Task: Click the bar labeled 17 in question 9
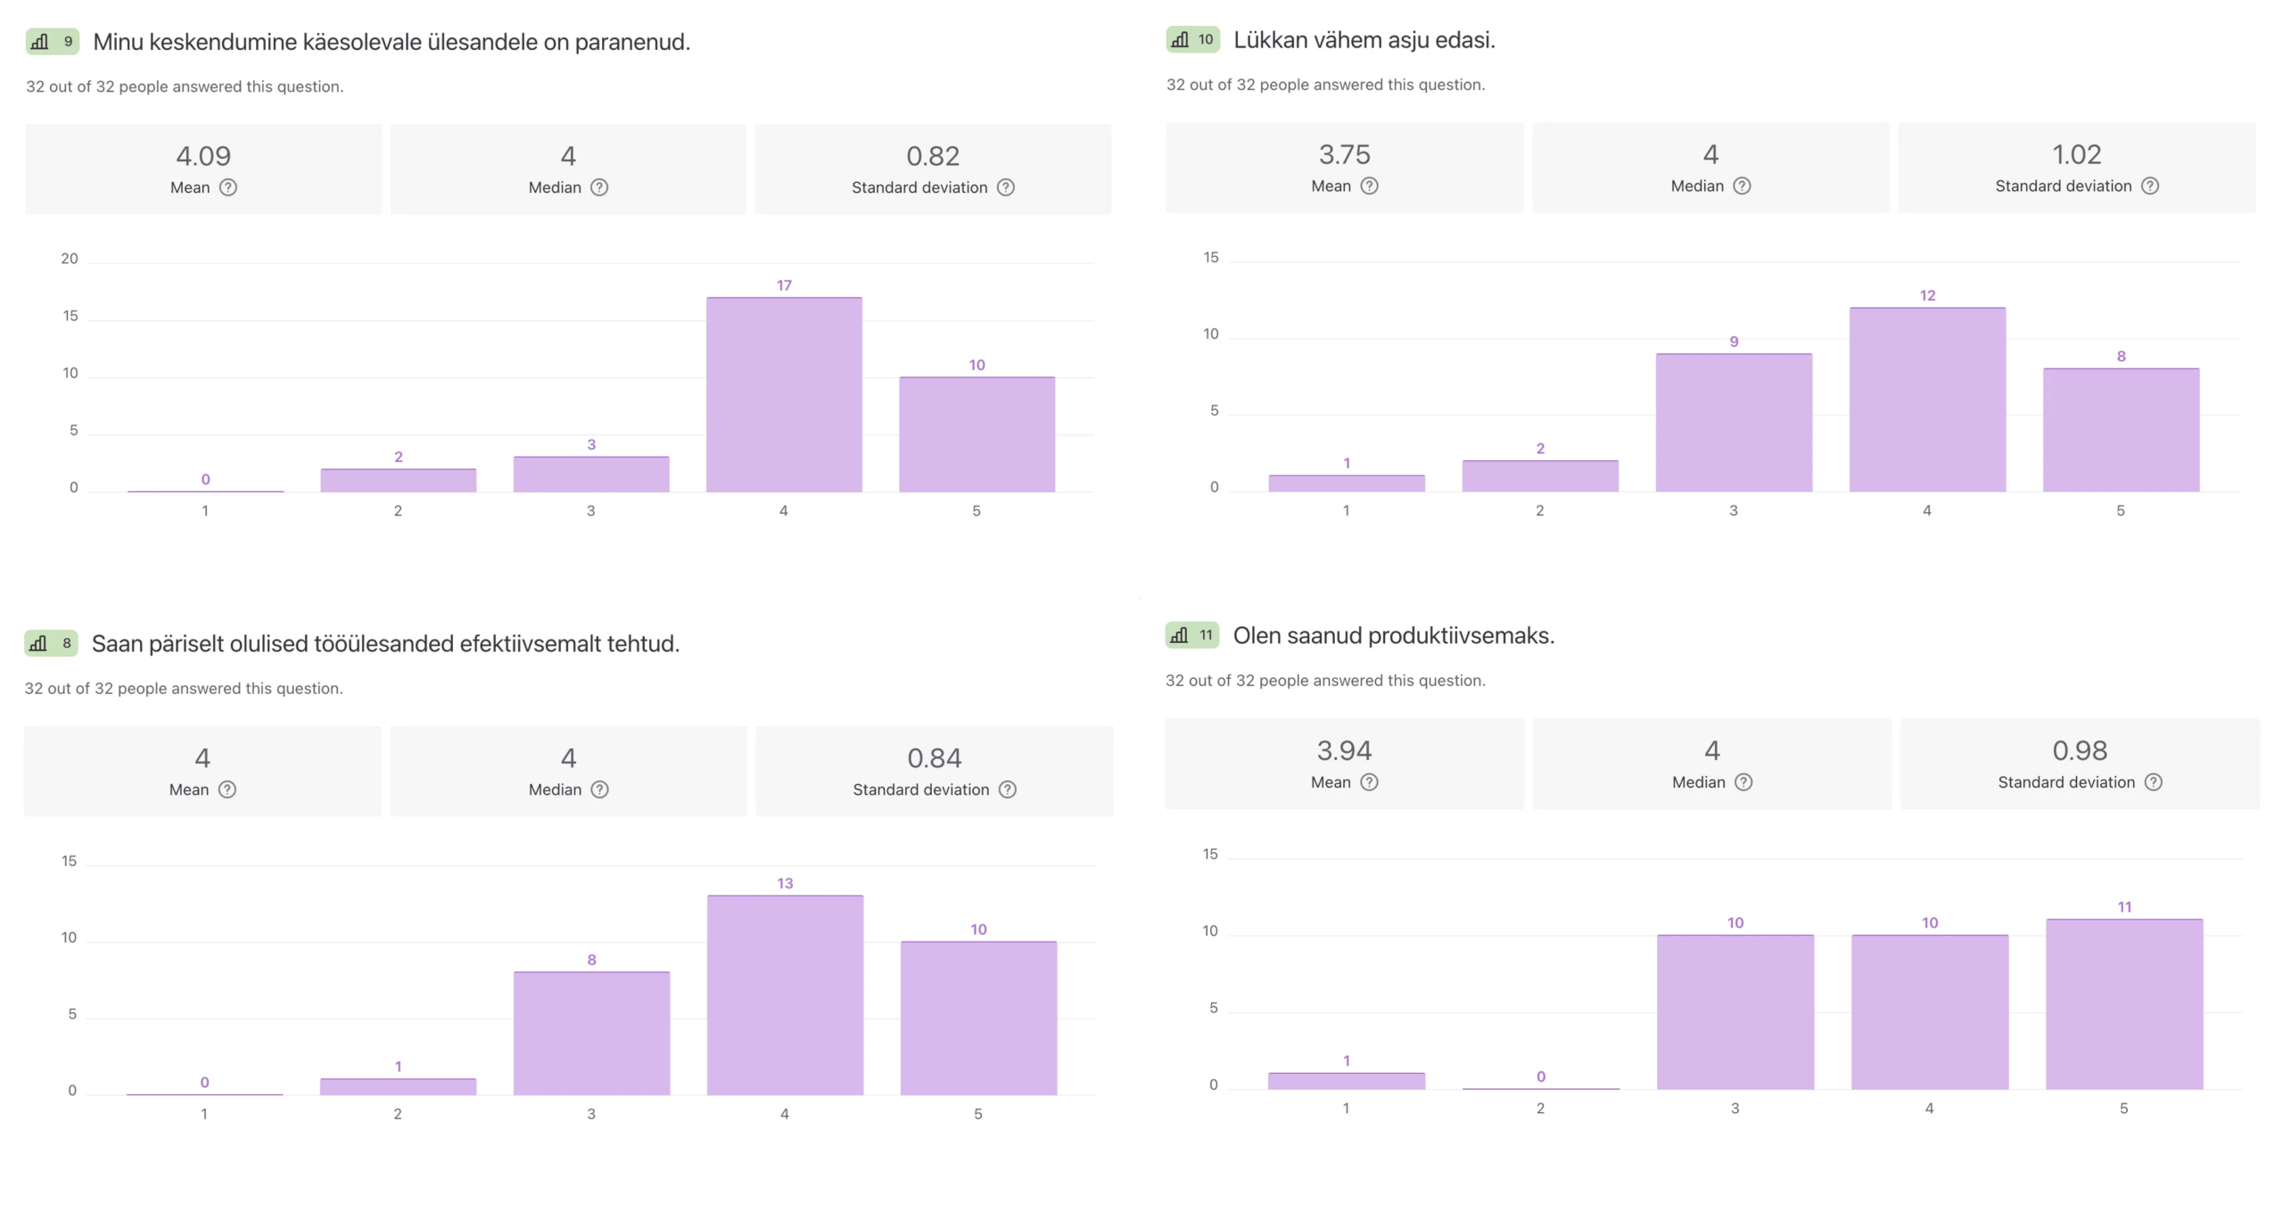(784, 394)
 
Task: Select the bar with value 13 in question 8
(785, 995)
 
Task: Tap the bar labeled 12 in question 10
(1927, 400)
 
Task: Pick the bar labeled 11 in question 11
(2124, 1003)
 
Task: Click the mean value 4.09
(203, 156)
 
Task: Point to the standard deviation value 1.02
(2076, 154)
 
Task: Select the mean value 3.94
(1344, 750)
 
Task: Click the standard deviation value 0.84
(934, 758)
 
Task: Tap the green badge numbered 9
(53, 41)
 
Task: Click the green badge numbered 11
(1192, 635)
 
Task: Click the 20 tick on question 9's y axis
(70, 259)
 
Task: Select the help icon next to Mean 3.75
(1369, 186)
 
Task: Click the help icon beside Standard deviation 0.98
(2153, 782)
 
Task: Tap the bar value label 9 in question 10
(1734, 342)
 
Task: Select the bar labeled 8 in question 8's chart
(591, 1033)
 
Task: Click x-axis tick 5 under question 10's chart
(2121, 510)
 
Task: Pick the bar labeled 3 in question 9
(591, 474)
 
